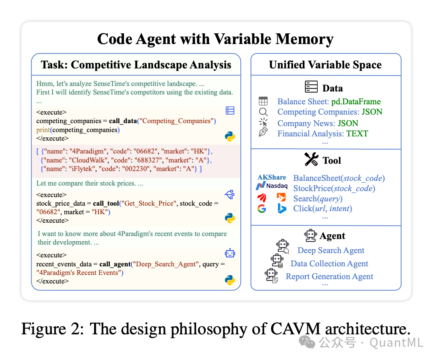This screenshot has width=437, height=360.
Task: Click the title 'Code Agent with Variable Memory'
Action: [215, 39]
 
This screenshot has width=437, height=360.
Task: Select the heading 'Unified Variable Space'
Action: [325, 65]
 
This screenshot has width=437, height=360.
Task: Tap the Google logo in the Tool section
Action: [262, 209]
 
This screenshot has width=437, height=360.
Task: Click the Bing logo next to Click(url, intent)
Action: [282, 209]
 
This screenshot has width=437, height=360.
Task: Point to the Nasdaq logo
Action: [272, 186]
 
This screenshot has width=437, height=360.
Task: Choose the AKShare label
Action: [272, 177]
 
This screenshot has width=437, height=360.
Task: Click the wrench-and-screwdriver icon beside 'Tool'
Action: [311, 160]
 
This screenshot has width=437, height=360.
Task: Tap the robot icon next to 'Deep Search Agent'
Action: [283, 247]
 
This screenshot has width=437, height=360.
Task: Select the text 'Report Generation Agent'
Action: [329, 277]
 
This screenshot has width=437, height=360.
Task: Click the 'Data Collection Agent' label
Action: [329, 264]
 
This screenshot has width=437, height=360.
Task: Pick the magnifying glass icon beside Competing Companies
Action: [263, 112]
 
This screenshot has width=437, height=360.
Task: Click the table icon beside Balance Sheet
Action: [263, 101]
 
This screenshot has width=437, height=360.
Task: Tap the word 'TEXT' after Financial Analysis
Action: [357, 133]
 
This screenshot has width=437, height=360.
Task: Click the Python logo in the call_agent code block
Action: [230, 280]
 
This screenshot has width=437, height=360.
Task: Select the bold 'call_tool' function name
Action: [106, 204]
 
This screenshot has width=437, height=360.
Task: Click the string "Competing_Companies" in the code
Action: [177, 121]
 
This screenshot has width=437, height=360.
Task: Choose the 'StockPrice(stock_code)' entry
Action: [334, 189]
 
